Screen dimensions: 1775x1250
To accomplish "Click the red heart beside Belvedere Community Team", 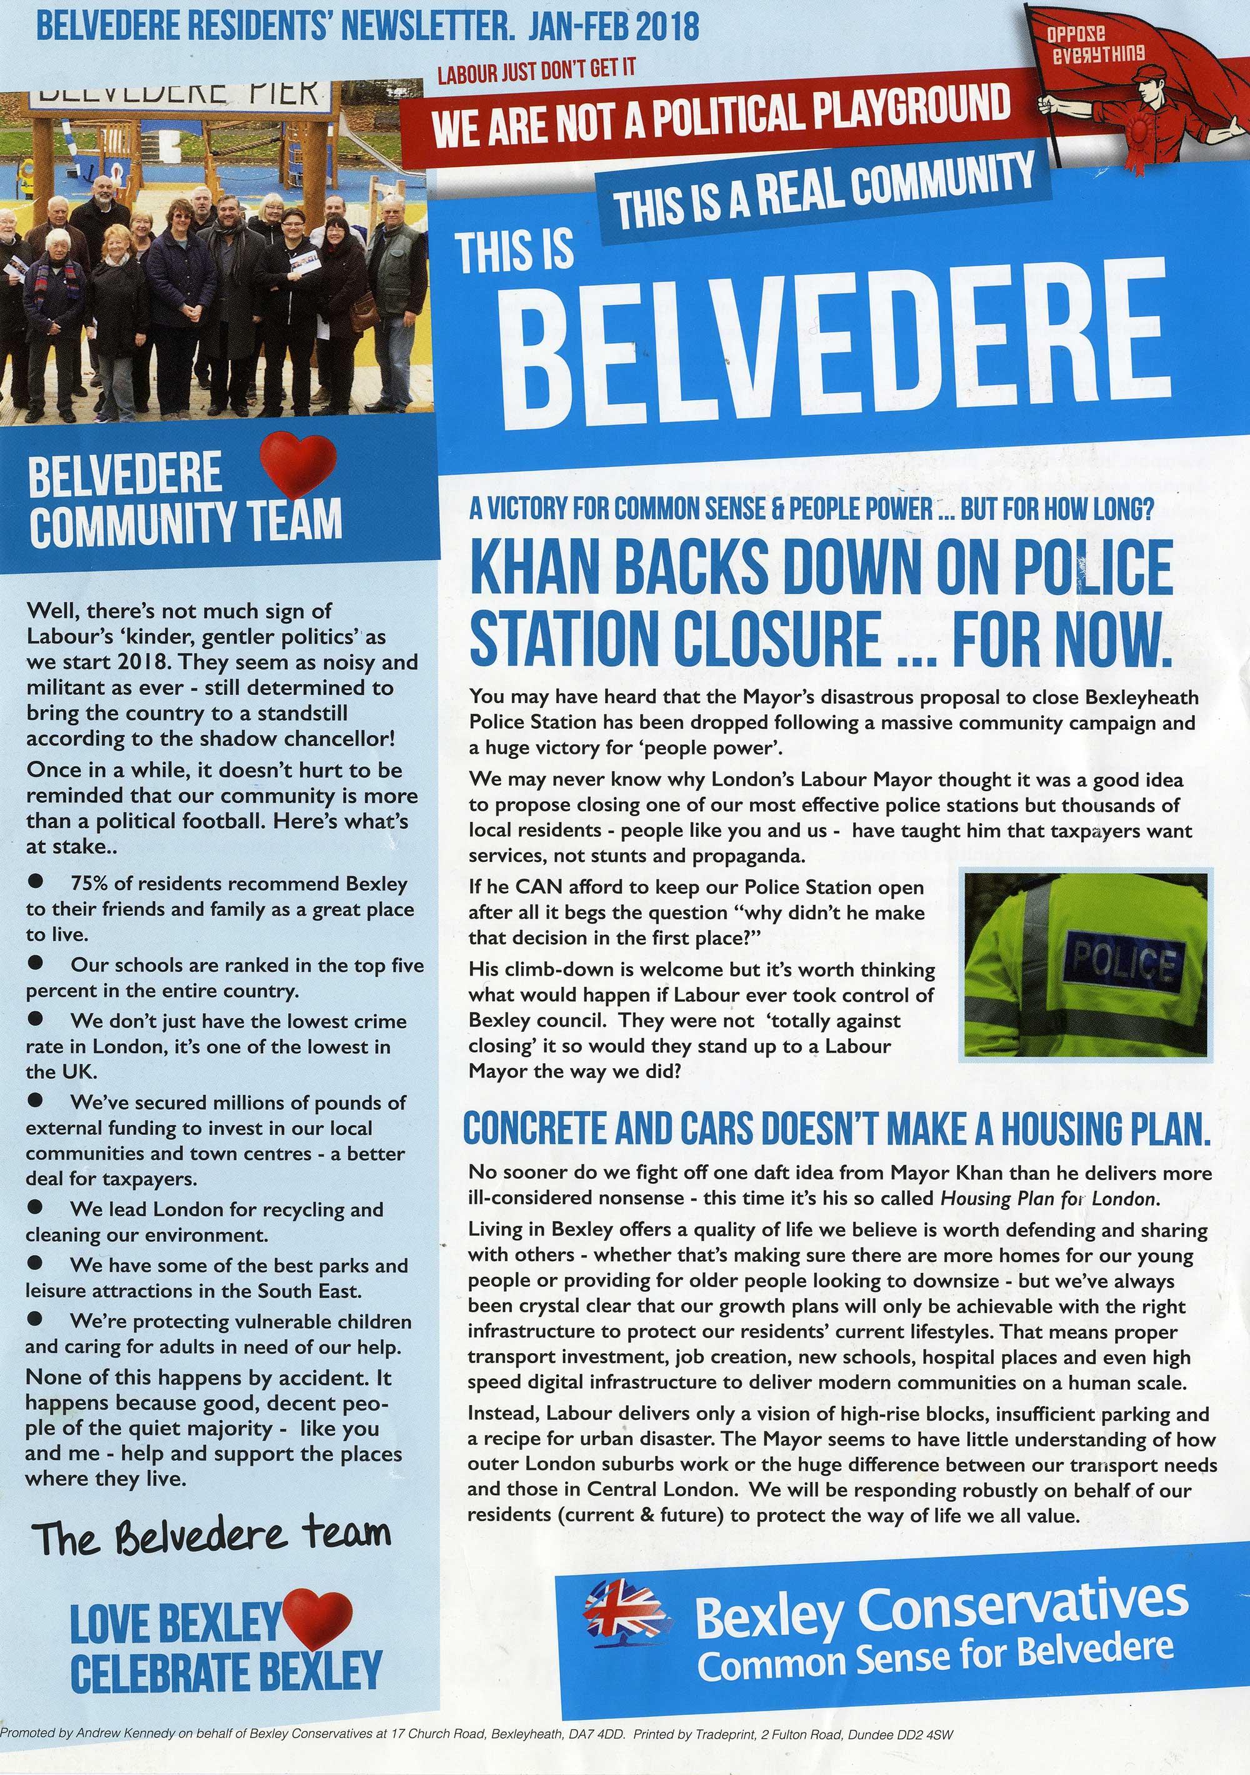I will coord(297,466).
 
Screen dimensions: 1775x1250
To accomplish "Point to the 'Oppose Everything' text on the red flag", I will coord(1096,45).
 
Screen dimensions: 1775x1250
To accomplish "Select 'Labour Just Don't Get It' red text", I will coord(536,71).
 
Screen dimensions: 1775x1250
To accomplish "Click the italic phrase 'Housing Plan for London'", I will coord(1047,1198).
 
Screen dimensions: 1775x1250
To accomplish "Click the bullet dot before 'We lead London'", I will coord(36,1207).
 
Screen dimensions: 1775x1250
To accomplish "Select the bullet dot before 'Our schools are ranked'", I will coord(36,963).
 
